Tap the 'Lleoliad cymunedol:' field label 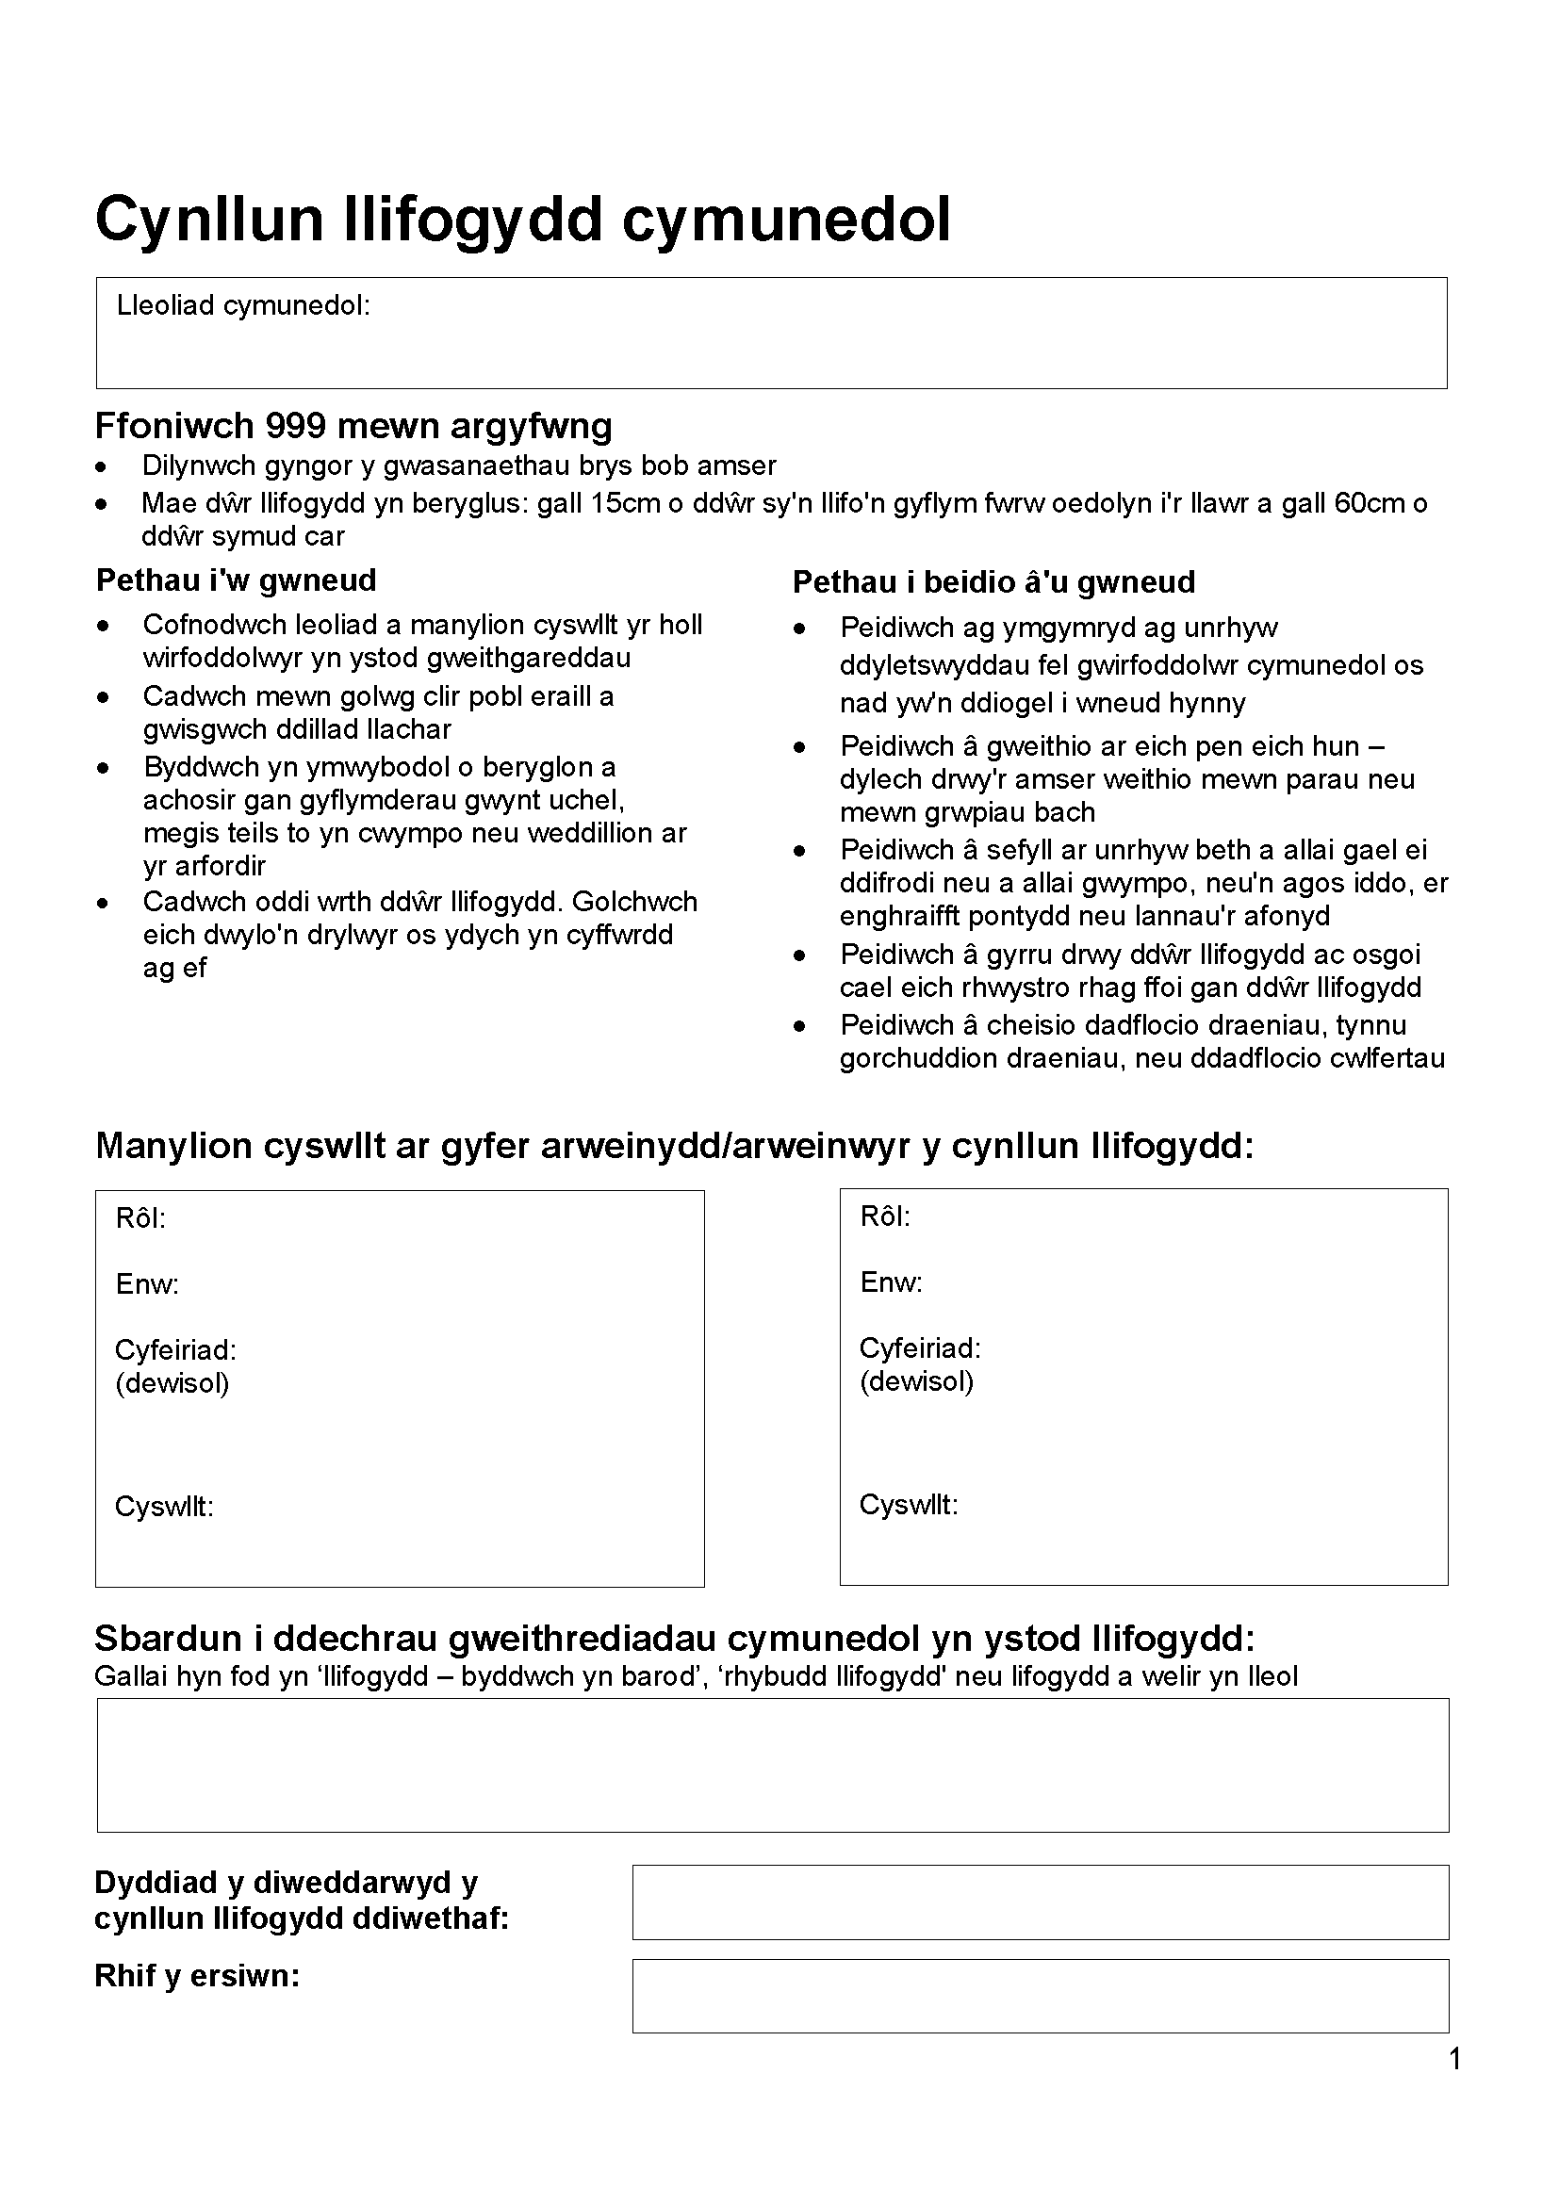pyautogui.click(x=243, y=305)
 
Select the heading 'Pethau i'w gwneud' pyautogui.click(x=237, y=580)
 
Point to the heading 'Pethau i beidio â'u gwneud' pyautogui.click(x=993, y=581)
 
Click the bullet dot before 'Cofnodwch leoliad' pyautogui.click(x=103, y=627)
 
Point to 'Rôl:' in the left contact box pyautogui.click(x=140, y=1218)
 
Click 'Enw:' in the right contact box pyautogui.click(x=891, y=1282)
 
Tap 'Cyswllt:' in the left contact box pyautogui.click(x=164, y=1506)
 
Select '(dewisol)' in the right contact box pyautogui.click(x=916, y=1381)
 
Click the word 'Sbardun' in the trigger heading pyautogui.click(x=167, y=1639)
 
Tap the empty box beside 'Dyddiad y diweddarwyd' pyautogui.click(x=1040, y=1902)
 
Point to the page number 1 pyautogui.click(x=1454, y=2059)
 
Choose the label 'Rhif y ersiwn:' pyautogui.click(x=197, y=1976)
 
